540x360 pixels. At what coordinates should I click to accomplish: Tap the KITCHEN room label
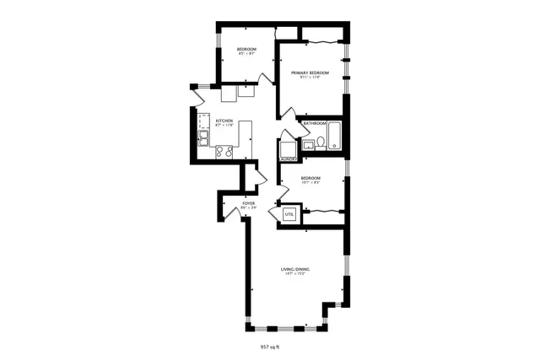[224, 121]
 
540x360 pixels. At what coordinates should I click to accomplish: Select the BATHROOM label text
[315, 123]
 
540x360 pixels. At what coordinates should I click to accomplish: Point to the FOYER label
[248, 203]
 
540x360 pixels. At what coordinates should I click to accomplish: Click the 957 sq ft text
[269, 347]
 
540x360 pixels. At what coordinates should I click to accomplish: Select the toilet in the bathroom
[321, 143]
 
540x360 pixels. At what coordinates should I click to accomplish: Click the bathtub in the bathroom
[335, 137]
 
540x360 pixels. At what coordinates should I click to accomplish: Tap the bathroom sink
[309, 146]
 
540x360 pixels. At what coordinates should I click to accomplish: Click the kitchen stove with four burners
[224, 151]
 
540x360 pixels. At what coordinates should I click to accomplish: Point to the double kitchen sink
[203, 137]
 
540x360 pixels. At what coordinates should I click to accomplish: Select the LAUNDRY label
[288, 158]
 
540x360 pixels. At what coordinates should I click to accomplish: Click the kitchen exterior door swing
[199, 96]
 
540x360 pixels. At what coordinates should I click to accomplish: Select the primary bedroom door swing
[288, 112]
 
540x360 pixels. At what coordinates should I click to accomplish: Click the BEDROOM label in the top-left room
[247, 50]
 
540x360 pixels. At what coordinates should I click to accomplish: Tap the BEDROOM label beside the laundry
[310, 178]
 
